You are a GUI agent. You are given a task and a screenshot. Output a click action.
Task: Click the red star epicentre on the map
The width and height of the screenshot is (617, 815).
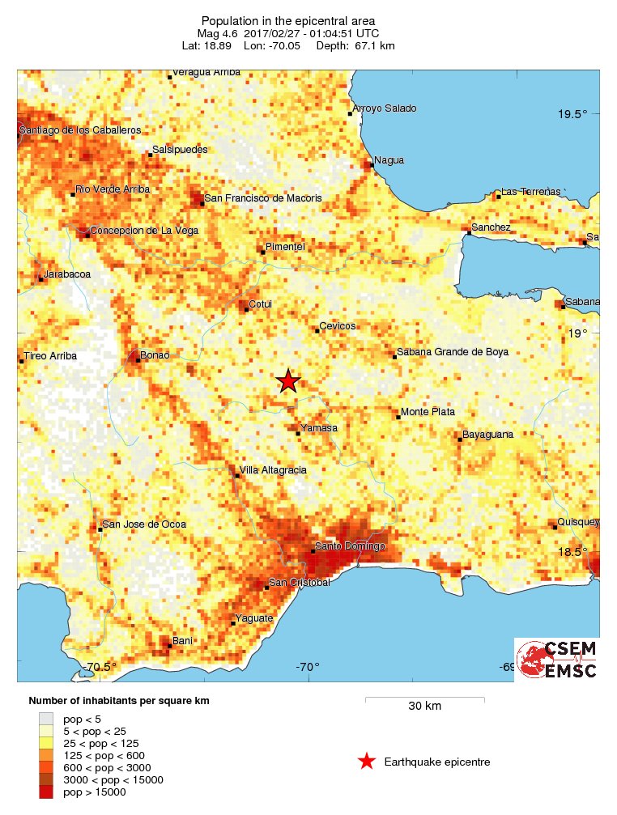(x=287, y=380)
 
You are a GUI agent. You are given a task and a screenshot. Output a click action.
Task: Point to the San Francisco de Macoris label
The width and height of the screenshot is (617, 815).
(x=262, y=197)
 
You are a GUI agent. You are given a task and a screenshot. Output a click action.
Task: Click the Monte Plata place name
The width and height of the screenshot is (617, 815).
(x=428, y=412)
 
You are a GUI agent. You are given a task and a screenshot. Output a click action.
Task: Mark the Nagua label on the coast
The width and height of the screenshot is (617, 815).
(x=385, y=160)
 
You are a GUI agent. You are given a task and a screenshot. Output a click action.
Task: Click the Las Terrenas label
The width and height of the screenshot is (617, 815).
(x=530, y=192)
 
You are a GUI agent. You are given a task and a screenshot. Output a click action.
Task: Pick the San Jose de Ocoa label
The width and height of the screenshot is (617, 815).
(x=143, y=524)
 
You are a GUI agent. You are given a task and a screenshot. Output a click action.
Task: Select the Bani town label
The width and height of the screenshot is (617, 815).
(x=183, y=641)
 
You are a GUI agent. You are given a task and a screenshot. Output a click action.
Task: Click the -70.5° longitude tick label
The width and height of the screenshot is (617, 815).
(x=100, y=667)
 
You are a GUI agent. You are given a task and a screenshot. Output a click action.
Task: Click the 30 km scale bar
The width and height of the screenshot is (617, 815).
(x=424, y=698)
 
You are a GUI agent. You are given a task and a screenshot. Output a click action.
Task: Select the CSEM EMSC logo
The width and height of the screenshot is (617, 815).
(x=556, y=660)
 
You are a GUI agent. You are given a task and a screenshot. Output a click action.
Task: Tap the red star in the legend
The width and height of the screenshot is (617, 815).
(x=367, y=762)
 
